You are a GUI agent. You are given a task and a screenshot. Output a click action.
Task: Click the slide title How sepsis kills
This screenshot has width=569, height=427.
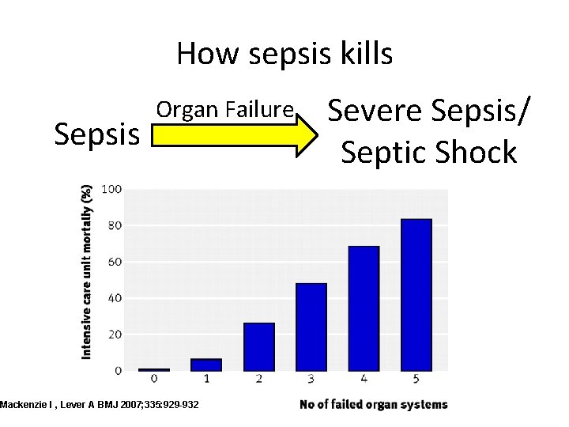(284, 55)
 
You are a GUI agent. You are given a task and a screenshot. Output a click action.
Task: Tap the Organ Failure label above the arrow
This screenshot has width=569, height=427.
(225, 110)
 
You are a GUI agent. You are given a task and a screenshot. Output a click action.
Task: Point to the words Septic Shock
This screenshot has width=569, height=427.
(428, 151)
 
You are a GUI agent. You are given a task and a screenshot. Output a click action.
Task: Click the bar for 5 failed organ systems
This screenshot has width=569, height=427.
(416, 294)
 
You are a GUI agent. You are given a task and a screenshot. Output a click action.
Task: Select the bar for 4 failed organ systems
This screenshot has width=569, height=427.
(364, 308)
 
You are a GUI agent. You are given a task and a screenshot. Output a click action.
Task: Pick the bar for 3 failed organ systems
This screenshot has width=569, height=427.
(311, 326)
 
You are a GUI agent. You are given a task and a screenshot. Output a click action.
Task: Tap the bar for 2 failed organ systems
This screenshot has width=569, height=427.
(259, 346)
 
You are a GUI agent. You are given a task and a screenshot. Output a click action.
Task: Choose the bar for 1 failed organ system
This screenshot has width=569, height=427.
(207, 365)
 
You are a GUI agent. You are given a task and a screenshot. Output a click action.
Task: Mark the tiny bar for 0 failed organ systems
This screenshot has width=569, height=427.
(155, 369)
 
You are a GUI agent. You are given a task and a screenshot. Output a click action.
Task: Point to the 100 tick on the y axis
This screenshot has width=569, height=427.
(111, 189)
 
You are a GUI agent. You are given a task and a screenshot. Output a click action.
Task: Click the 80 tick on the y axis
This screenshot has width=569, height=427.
(114, 225)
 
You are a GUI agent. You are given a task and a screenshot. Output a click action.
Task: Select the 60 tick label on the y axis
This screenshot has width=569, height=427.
(114, 262)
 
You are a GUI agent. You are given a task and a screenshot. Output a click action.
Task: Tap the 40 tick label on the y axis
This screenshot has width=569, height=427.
(114, 298)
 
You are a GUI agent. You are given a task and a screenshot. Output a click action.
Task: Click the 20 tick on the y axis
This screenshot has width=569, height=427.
(114, 334)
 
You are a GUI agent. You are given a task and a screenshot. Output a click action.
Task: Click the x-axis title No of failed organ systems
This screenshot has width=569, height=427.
(373, 405)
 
